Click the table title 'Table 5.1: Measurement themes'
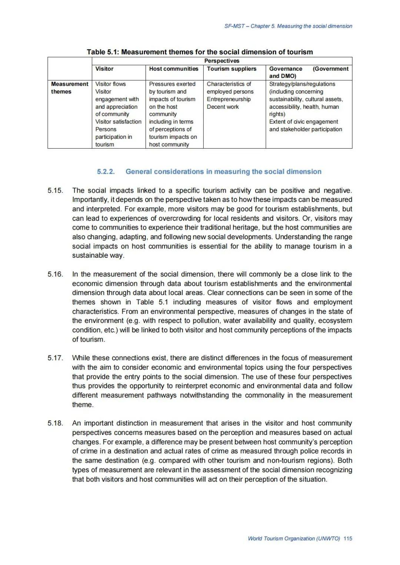tap(200, 52)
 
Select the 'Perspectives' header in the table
tap(221, 61)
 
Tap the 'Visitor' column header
tap(104, 69)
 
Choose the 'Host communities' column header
tap(174, 69)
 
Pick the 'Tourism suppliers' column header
tap(231, 69)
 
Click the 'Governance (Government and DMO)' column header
tap(309, 72)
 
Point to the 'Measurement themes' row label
tap(70, 88)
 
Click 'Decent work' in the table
tap(223, 107)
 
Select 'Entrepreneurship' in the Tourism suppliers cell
tap(229, 99)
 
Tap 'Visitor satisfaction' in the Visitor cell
tap(118, 122)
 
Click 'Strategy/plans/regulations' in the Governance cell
tap(302, 84)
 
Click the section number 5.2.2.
tap(106, 172)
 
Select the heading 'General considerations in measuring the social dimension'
tap(223, 172)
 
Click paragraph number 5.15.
tap(55, 191)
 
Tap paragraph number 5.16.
tap(55, 274)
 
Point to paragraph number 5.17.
tap(55, 358)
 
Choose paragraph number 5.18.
tap(55, 423)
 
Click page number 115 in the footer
tap(348, 538)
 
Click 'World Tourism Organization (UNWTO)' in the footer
tap(294, 538)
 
